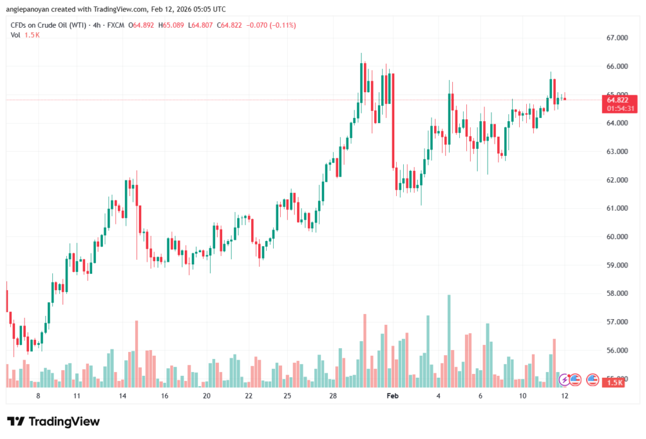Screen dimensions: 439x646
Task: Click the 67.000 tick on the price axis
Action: (618, 38)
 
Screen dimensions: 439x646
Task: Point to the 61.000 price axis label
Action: (618, 208)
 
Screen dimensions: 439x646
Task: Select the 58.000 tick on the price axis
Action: (618, 293)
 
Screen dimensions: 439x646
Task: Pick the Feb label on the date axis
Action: (393, 395)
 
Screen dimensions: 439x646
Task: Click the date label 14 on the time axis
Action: (122, 395)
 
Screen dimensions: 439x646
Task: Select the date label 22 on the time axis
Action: (249, 395)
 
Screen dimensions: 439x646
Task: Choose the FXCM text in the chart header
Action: (114, 25)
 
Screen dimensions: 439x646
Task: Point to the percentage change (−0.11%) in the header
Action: (282, 25)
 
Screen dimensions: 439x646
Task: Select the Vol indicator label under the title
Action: (16, 35)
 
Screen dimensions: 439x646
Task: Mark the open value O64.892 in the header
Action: (143, 25)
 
